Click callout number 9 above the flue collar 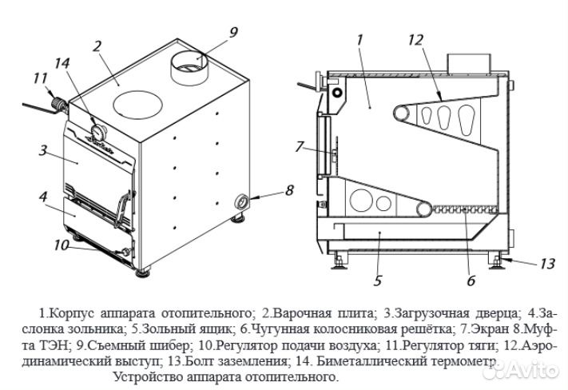(233, 33)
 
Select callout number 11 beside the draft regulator (41, 78)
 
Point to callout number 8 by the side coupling (288, 191)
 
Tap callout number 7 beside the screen (299, 146)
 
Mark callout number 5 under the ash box (377, 281)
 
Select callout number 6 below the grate (471, 281)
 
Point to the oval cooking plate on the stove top (137, 104)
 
